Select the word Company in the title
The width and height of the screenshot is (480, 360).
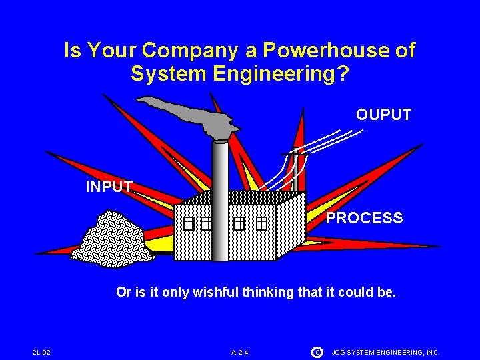pos(199,50)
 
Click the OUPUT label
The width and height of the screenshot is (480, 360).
pos(383,115)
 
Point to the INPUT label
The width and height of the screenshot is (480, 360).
pos(109,187)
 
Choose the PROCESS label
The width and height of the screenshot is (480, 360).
pos(364,218)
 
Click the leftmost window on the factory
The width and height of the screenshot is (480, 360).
pos(189,223)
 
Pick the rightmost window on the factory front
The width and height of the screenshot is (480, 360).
pos(261,223)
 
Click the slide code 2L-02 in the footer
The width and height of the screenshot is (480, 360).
pos(41,352)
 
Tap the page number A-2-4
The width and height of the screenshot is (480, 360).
pos(240,352)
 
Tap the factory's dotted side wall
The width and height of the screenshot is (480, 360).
pos(290,223)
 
